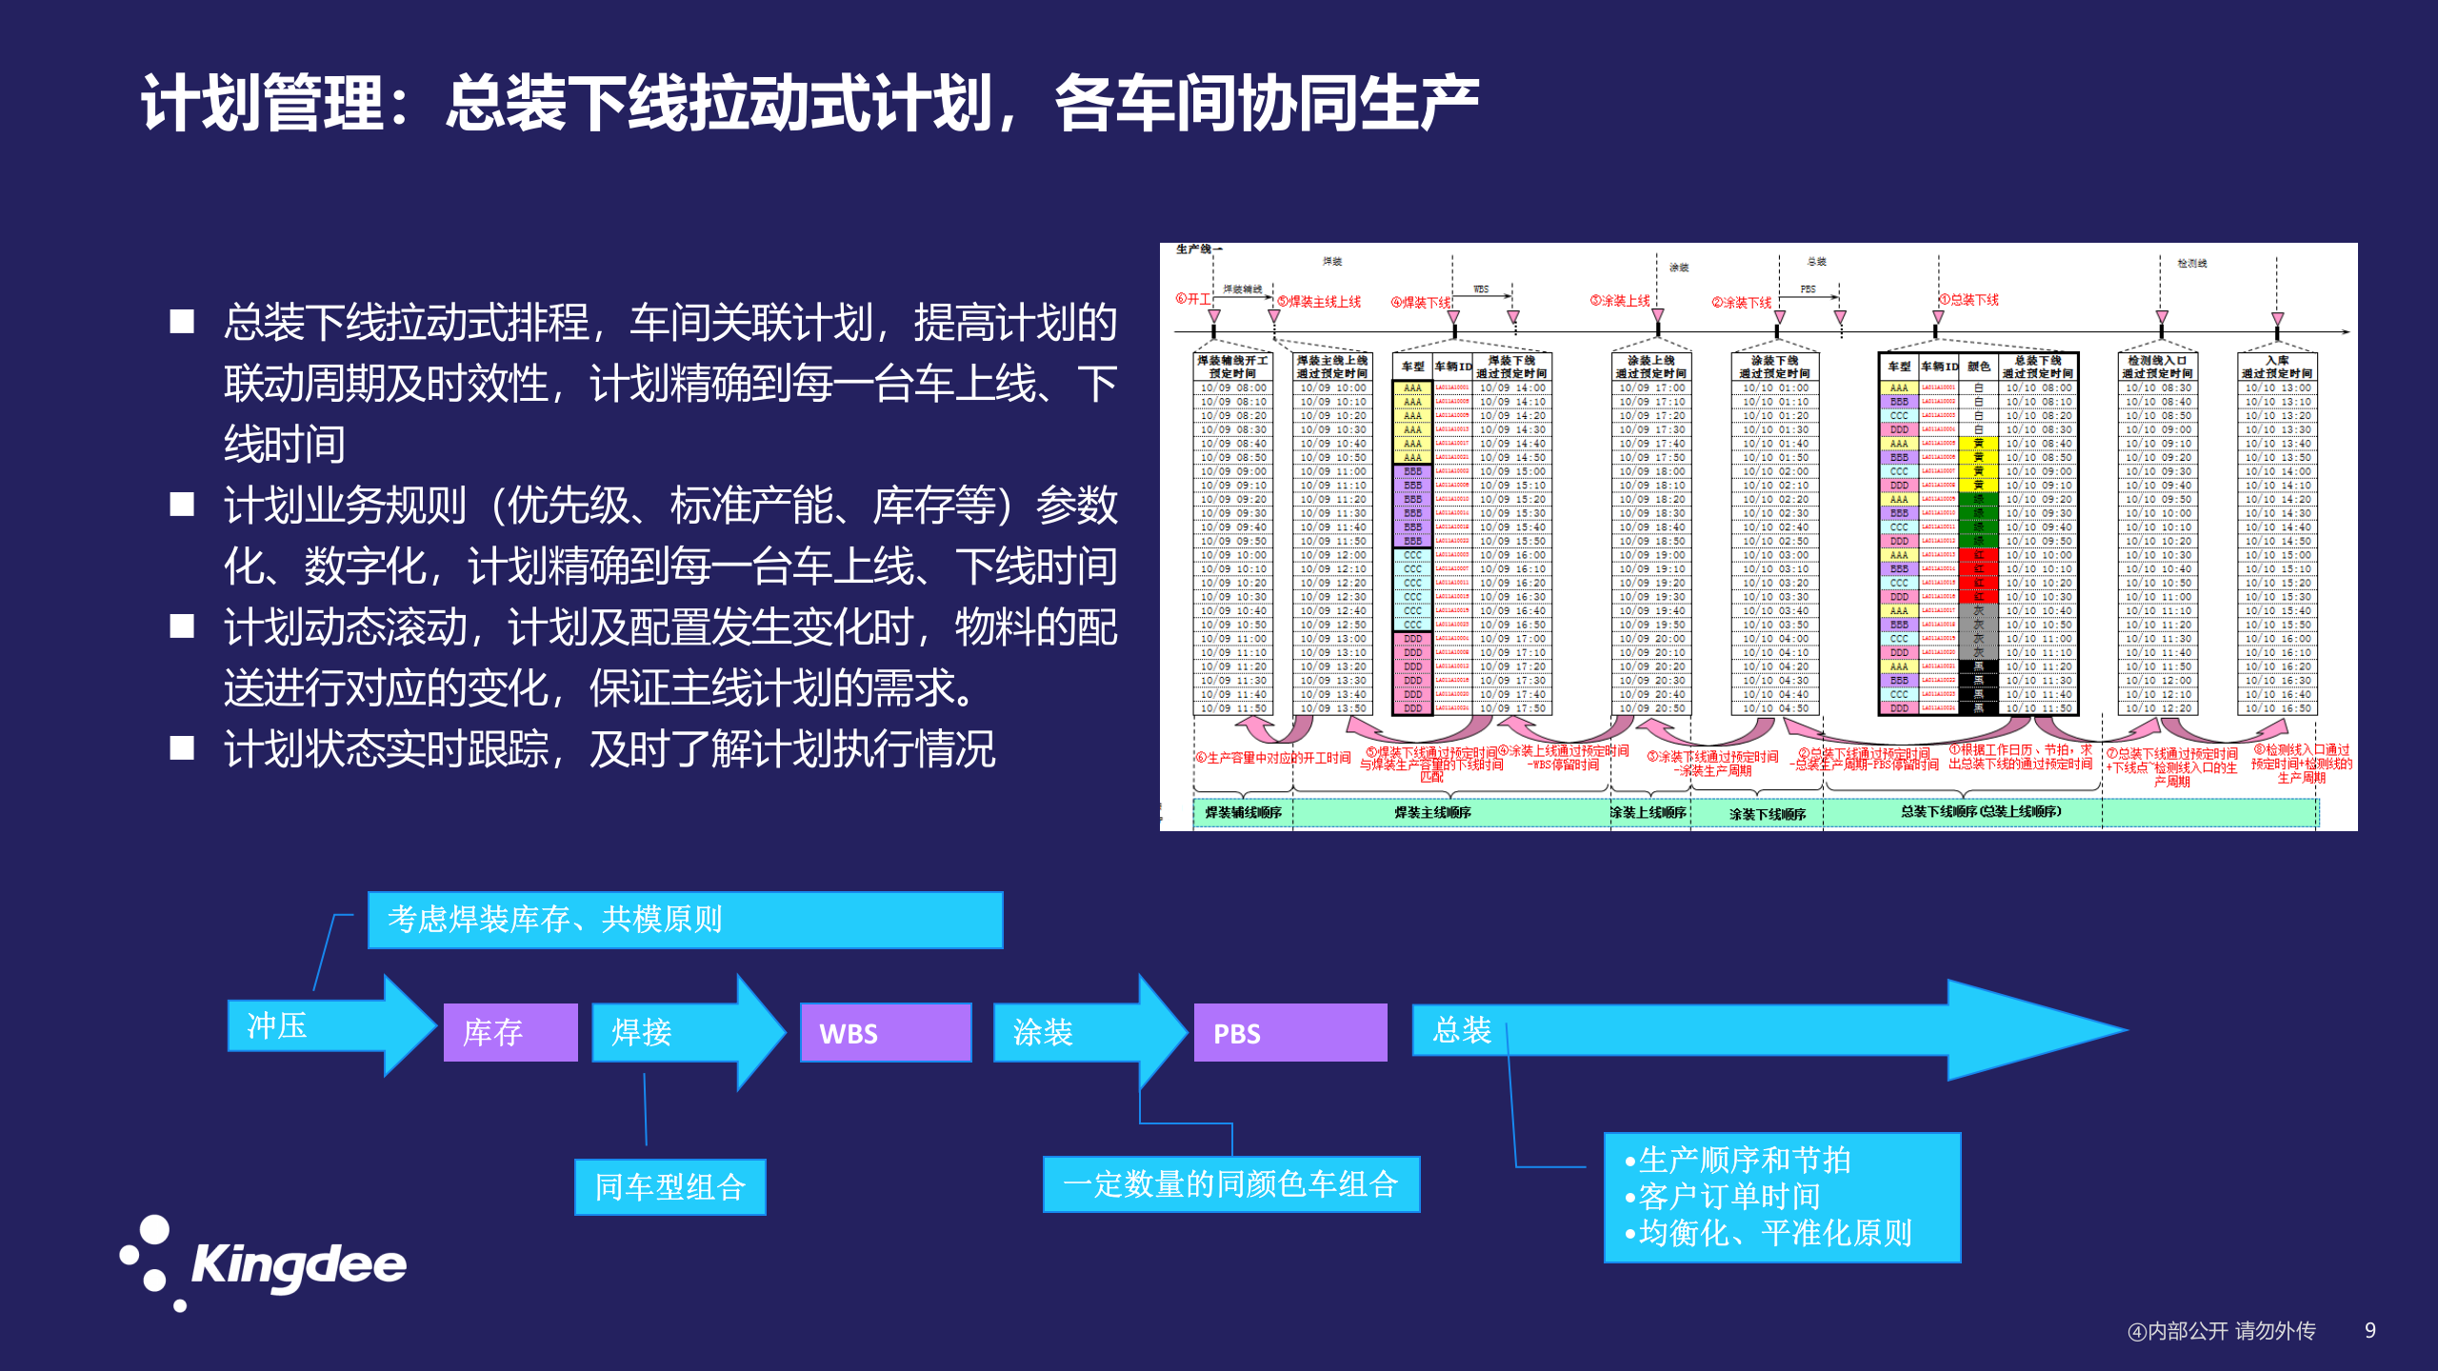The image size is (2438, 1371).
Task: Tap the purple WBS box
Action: pyautogui.click(x=885, y=1033)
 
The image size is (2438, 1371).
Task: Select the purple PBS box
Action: pyautogui.click(x=1289, y=1033)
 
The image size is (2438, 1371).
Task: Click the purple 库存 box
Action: pyautogui.click(x=510, y=1033)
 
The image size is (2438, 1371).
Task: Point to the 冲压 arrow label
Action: pyautogui.click(x=277, y=1025)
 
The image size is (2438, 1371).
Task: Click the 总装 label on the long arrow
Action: pyautogui.click(x=1462, y=1030)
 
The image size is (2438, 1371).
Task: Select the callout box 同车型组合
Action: pyautogui.click(x=669, y=1187)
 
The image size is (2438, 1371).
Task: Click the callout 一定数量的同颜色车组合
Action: pyautogui.click(x=1230, y=1184)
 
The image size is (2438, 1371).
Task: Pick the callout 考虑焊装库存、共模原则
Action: pyautogui.click(x=685, y=920)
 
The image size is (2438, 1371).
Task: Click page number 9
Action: pyautogui.click(x=2369, y=1331)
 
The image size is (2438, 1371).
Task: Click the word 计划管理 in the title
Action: pyautogui.click(x=261, y=103)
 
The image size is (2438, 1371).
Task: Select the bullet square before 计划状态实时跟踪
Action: pyautogui.click(x=182, y=748)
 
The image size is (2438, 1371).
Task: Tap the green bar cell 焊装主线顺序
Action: pyautogui.click(x=1432, y=813)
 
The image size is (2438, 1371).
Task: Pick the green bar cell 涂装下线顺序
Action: pyautogui.click(x=1767, y=814)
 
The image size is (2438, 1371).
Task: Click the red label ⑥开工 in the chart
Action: pyautogui.click(x=1192, y=299)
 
